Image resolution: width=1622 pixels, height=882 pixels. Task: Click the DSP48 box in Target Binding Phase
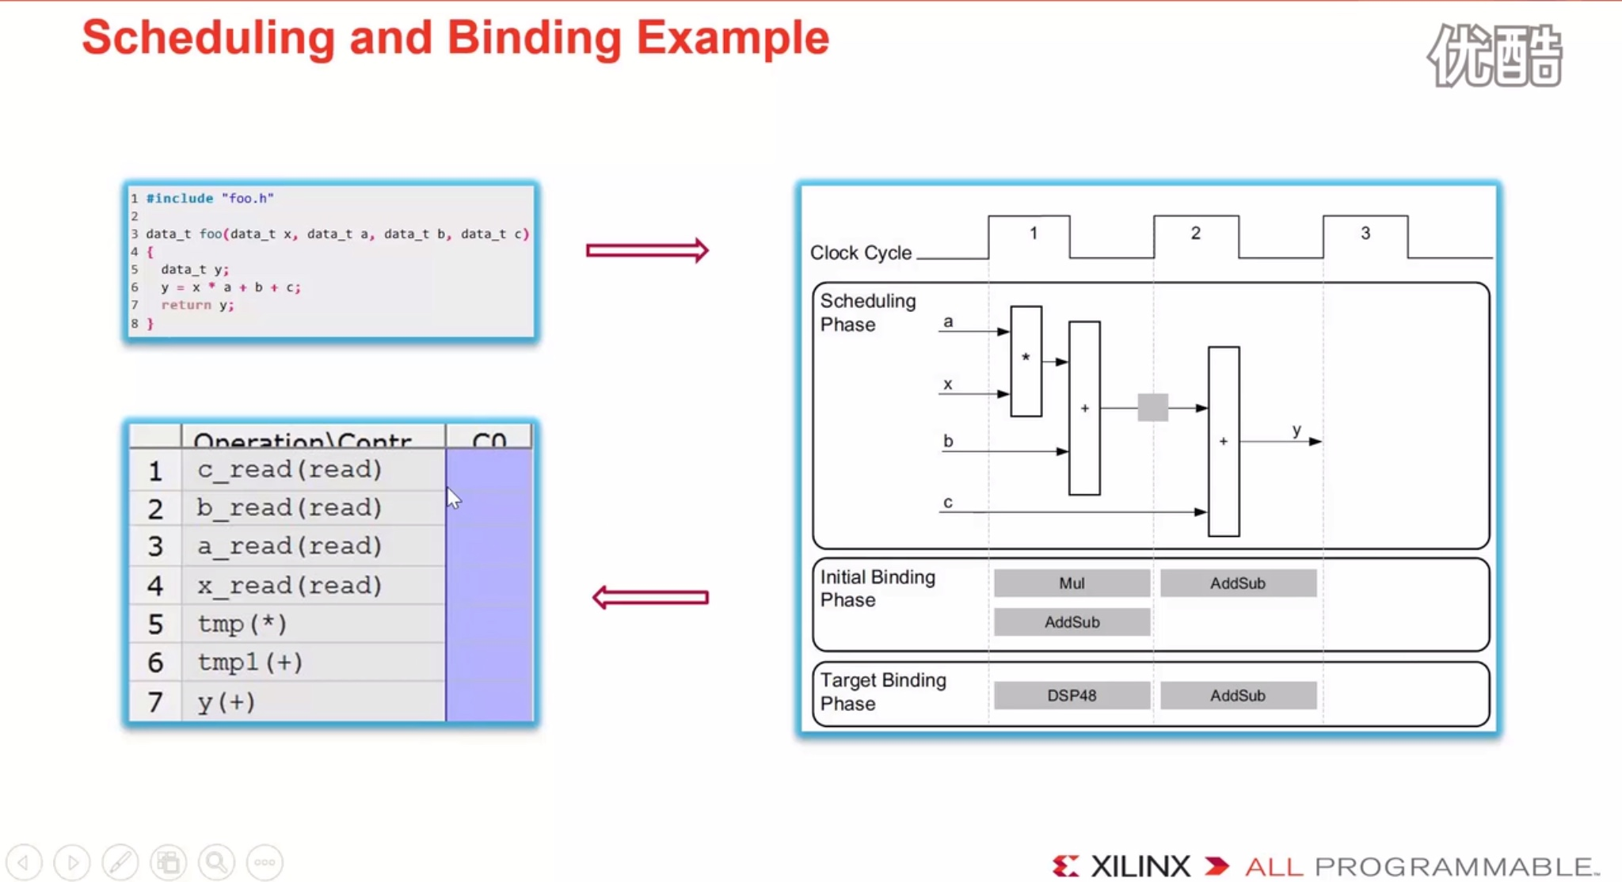tap(1072, 695)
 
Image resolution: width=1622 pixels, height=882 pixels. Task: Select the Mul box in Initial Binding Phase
tap(1072, 583)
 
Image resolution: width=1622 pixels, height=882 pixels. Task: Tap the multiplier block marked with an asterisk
tap(1026, 361)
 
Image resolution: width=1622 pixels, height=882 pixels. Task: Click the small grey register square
tap(1152, 408)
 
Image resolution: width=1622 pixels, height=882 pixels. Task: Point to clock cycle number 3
tap(1365, 234)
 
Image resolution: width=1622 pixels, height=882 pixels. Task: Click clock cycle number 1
tap(1033, 234)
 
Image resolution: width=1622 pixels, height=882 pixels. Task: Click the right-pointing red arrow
tap(647, 251)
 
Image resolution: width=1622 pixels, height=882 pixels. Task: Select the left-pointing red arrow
tap(650, 597)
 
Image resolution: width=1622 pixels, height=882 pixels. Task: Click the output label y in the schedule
tap(1296, 430)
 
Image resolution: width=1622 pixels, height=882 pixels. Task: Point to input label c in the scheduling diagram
tap(948, 502)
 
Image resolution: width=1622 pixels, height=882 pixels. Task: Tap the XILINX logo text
tap(1140, 866)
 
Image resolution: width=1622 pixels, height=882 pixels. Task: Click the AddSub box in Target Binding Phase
tap(1237, 695)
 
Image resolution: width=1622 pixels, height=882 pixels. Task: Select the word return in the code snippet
tap(186, 305)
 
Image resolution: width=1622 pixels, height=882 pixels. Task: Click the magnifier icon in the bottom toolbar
tap(216, 861)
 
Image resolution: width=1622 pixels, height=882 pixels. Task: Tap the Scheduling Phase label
tap(867, 313)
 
